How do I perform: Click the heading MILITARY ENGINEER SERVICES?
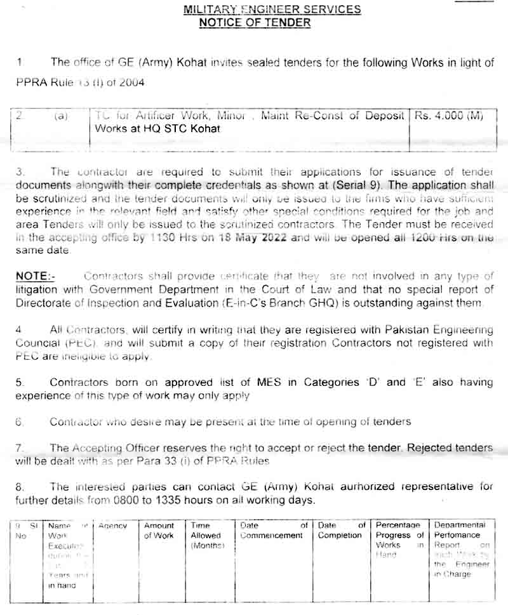tap(272, 10)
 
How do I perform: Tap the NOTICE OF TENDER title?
tap(255, 23)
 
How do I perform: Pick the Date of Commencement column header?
tap(274, 531)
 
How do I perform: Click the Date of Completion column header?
tap(342, 531)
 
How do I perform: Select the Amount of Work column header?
tap(159, 531)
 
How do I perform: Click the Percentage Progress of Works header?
tap(399, 539)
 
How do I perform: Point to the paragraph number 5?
tap(19, 383)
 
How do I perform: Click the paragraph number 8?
tap(19, 487)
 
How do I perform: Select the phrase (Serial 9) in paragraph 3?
tap(357, 185)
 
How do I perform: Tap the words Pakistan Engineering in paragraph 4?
tap(438, 329)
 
